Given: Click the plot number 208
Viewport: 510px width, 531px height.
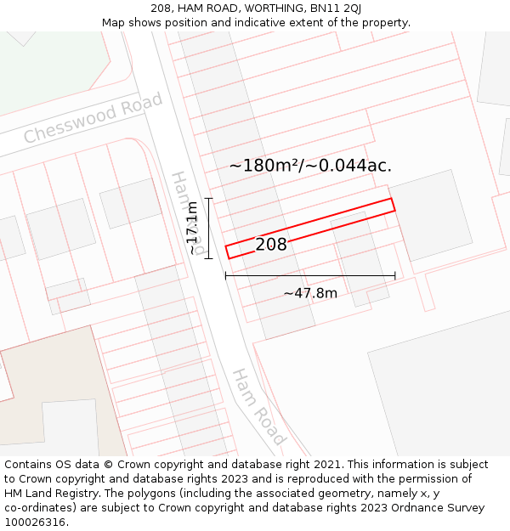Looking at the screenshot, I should click(271, 245).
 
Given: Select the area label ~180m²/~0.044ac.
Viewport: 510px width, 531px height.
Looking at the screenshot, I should click(310, 166).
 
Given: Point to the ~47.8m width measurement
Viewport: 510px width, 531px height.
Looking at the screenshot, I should click(310, 293).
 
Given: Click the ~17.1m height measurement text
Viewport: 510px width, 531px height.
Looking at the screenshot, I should click(193, 228).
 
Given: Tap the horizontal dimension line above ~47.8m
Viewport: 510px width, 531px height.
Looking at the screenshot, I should click(310, 275).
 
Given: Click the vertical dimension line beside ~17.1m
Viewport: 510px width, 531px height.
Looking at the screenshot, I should click(208, 228).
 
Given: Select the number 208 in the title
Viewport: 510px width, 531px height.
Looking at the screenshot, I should click(162, 8).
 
